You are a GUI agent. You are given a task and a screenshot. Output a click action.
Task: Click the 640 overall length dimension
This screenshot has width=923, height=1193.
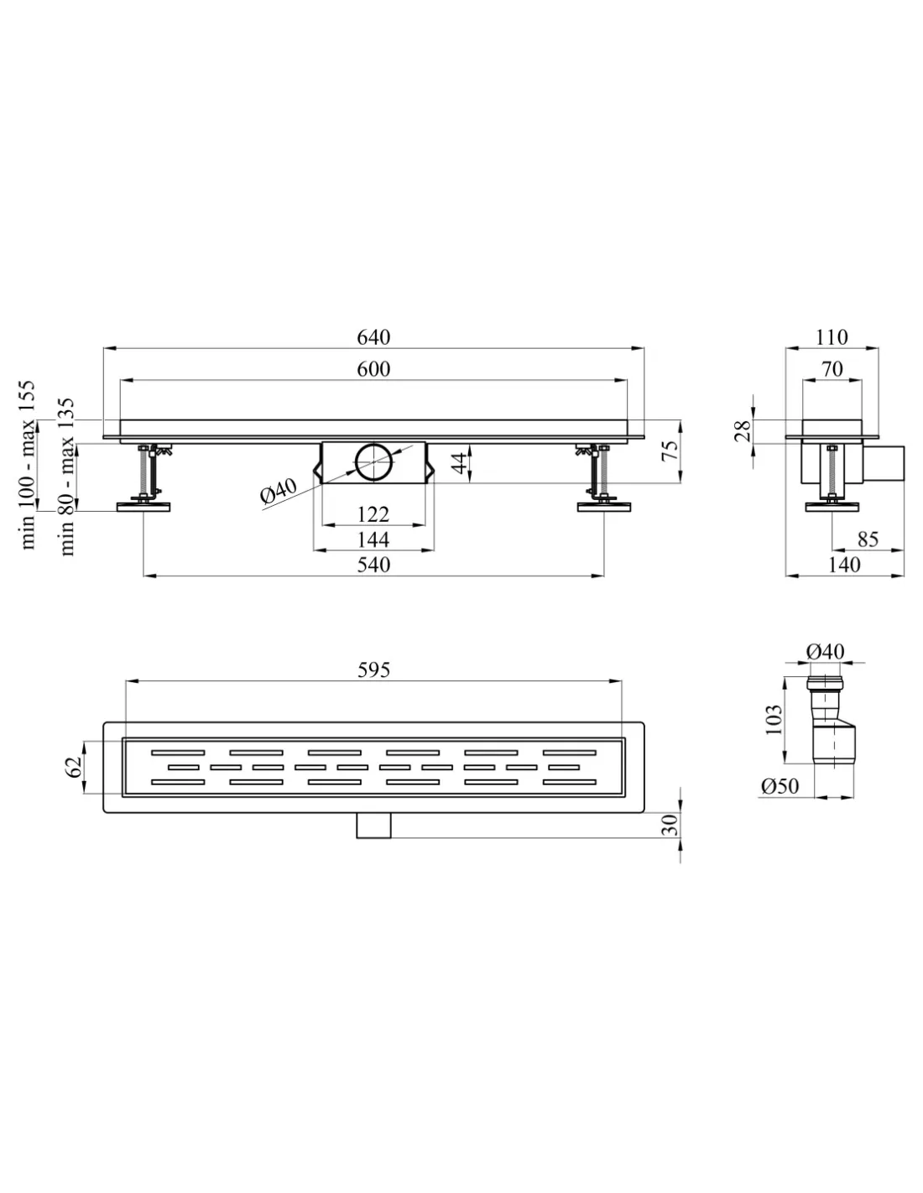(x=373, y=337)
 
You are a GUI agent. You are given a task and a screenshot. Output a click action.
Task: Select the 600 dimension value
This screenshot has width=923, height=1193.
(x=373, y=369)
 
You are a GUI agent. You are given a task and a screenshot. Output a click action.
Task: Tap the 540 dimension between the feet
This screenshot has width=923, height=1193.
(x=373, y=565)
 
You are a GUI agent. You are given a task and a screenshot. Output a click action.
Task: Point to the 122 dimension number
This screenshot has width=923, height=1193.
(x=373, y=514)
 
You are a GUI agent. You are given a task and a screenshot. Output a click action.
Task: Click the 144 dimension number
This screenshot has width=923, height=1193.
(x=373, y=539)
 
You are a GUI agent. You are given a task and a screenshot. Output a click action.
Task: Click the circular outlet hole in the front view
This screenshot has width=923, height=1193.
(x=373, y=461)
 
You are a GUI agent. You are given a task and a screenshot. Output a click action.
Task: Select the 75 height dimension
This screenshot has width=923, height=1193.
(x=670, y=451)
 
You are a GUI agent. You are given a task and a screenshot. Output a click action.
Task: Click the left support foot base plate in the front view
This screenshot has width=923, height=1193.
(x=143, y=507)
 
